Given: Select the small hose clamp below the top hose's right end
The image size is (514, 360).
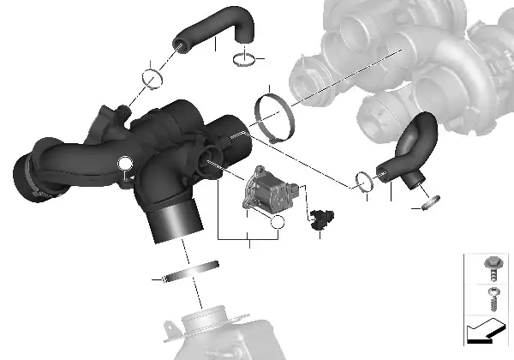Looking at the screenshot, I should [x=244, y=58].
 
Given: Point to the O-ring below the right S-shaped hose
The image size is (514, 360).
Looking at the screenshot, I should [x=431, y=202].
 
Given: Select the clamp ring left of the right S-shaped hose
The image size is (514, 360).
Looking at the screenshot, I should [x=363, y=181].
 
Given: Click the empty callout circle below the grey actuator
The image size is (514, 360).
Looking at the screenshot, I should [x=276, y=225].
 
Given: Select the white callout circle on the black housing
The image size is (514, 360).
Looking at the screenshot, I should [x=126, y=164].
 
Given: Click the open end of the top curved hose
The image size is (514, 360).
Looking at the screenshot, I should [x=182, y=40].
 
